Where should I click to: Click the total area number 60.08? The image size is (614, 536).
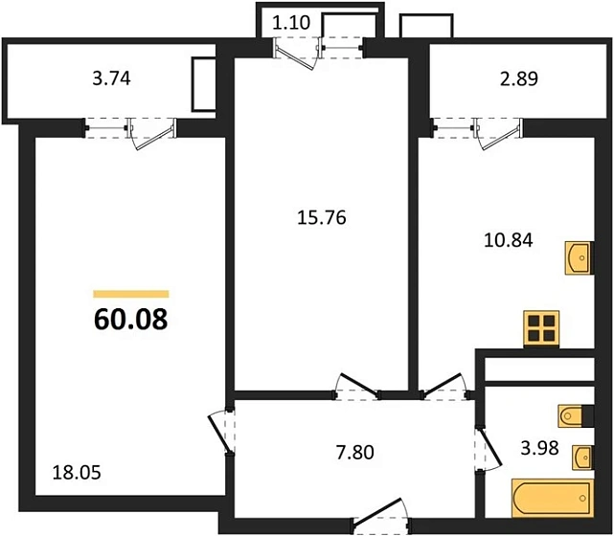click(131, 320)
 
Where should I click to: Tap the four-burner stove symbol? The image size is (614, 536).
click(541, 328)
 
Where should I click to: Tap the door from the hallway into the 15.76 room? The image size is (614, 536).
click(351, 388)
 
